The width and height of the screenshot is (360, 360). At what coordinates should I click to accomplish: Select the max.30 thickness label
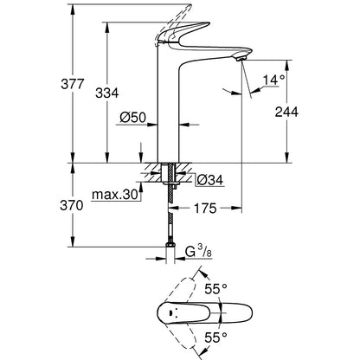coord(118,196)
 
